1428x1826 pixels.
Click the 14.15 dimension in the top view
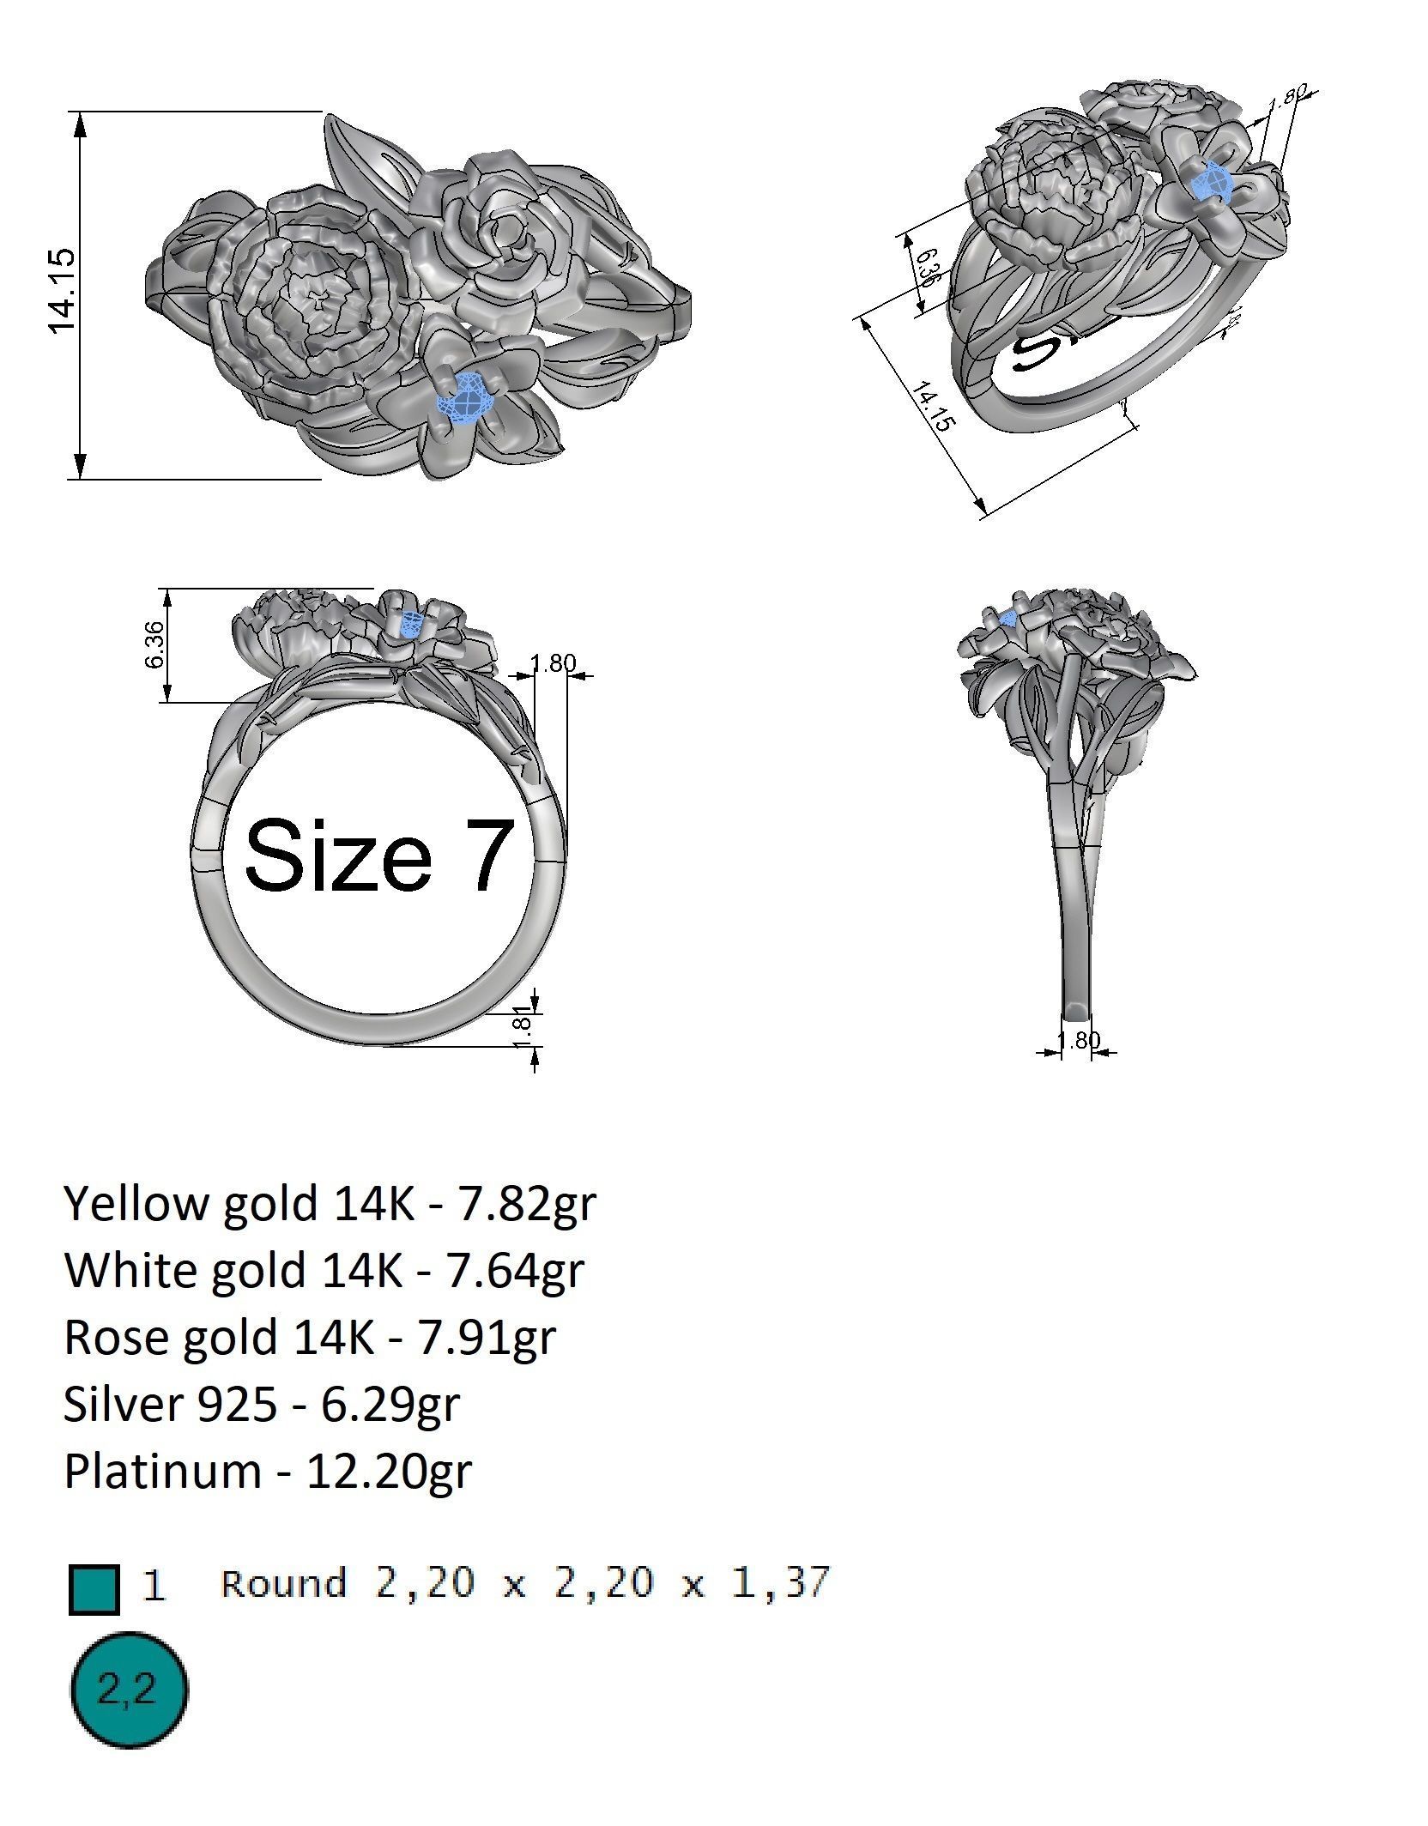pos(64,292)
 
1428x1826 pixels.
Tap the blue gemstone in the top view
pos(467,398)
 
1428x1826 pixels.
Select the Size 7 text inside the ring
pos(379,855)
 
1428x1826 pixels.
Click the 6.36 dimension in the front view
pos(155,645)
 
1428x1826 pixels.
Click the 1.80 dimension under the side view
pos(1078,1040)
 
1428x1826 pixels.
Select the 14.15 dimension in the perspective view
pos(932,408)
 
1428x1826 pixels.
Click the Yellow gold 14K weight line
pos(329,1203)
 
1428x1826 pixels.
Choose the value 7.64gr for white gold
pos(513,1270)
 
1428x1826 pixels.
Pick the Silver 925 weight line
pos(262,1404)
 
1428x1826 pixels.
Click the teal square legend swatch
pos(94,1589)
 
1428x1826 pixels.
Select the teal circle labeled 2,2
pos(128,1690)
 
